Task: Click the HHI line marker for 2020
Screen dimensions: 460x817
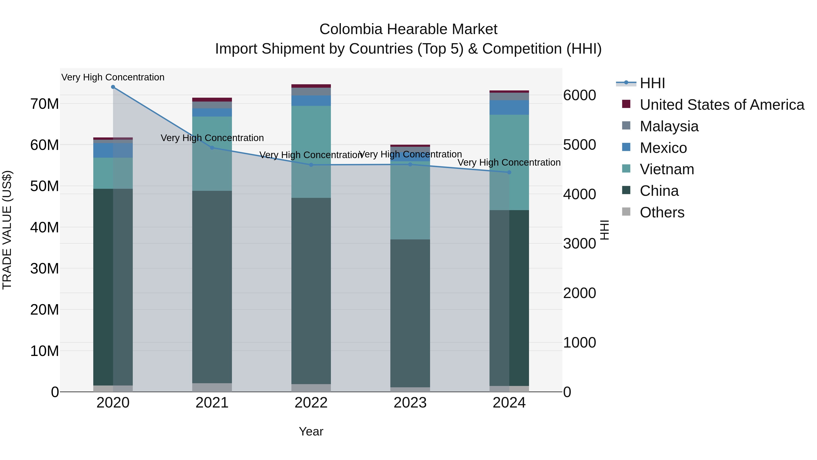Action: coord(113,87)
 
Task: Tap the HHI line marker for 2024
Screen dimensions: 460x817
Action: coord(509,172)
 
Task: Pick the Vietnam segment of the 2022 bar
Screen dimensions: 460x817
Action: coord(311,152)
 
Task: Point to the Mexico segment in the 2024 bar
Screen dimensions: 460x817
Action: coord(509,107)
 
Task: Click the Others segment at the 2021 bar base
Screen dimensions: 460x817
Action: coord(212,387)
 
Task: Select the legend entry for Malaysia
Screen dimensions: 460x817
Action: coord(669,126)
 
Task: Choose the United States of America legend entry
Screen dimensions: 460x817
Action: coord(721,105)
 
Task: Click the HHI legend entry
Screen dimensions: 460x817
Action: coord(652,83)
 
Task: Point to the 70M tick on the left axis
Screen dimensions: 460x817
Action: coord(44,104)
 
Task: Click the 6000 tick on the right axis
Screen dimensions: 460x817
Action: coord(579,95)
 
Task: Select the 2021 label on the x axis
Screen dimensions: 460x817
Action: coord(212,403)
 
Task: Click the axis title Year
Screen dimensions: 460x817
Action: coord(311,431)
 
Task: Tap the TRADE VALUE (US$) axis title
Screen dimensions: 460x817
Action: coord(7,230)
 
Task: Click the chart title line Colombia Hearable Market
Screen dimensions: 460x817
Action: coord(408,29)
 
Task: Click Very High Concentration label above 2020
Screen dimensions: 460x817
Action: coord(113,77)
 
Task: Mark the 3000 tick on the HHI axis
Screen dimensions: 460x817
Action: coord(579,244)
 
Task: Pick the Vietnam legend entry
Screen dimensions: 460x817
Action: coord(667,169)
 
